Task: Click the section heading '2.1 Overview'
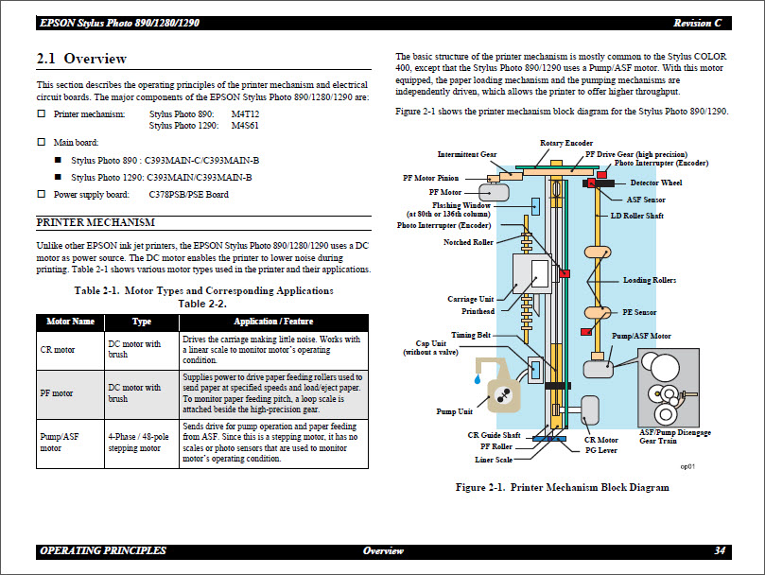[x=81, y=60]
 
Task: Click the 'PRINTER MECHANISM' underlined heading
[x=96, y=223]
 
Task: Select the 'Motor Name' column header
[x=71, y=322]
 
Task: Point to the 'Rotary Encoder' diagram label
[x=565, y=143]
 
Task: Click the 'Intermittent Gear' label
[x=467, y=154]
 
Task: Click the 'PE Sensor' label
[x=640, y=312]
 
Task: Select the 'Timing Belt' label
[x=470, y=335]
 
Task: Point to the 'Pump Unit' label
[x=454, y=411]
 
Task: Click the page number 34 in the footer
[x=720, y=550]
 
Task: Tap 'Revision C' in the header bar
[x=698, y=23]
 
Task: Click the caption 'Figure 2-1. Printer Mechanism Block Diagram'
[x=562, y=487]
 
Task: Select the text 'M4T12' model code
[x=245, y=113]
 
